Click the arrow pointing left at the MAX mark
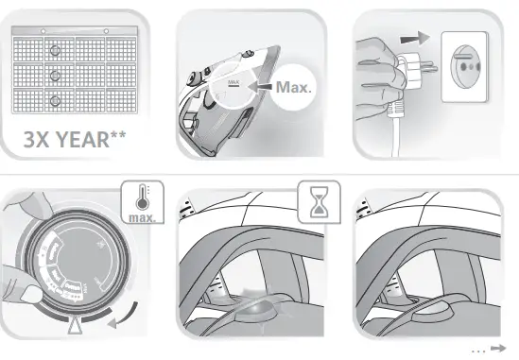coord(262,86)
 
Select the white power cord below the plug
coord(400,132)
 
